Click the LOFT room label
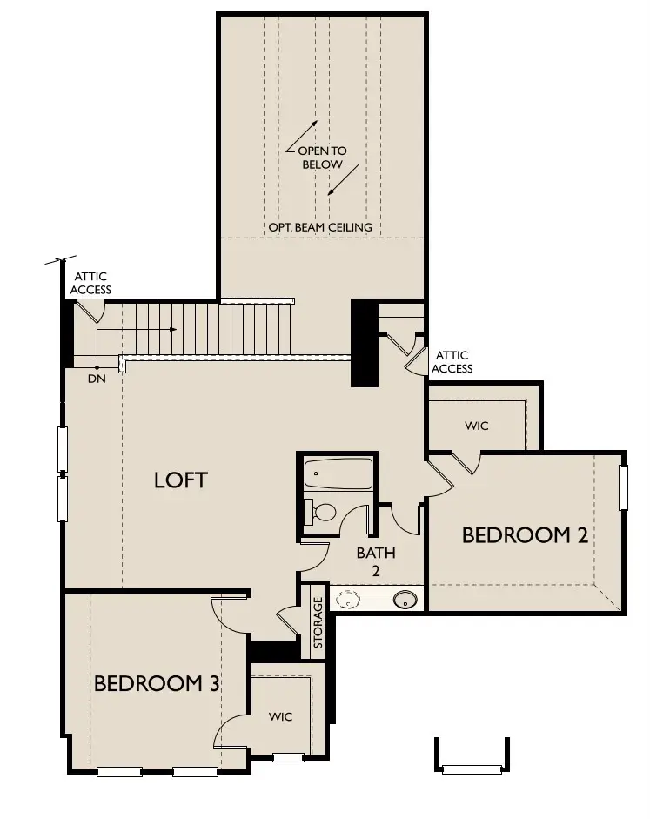point(181,480)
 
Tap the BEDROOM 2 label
point(525,534)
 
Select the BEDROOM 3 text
point(157,683)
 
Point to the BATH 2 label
point(376,561)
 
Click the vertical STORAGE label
point(318,622)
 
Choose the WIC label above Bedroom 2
point(477,426)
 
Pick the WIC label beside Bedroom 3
point(280,716)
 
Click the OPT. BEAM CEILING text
point(320,227)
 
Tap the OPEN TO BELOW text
point(323,158)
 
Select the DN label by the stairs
point(97,379)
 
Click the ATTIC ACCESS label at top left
point(90,283)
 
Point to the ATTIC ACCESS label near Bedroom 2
point(452,361)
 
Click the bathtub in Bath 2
point(338,474)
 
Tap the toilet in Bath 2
point(322,511)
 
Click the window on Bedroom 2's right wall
point(623,487)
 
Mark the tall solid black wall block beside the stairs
point(363,343)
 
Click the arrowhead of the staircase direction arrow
point(174,330)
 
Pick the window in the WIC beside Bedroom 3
point(288,757)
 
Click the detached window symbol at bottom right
point(472,769)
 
